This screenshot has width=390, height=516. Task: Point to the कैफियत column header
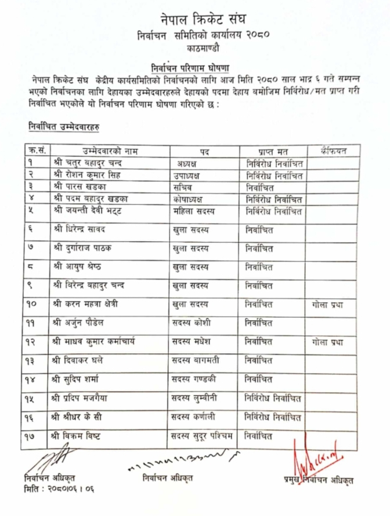pos(333,151)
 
